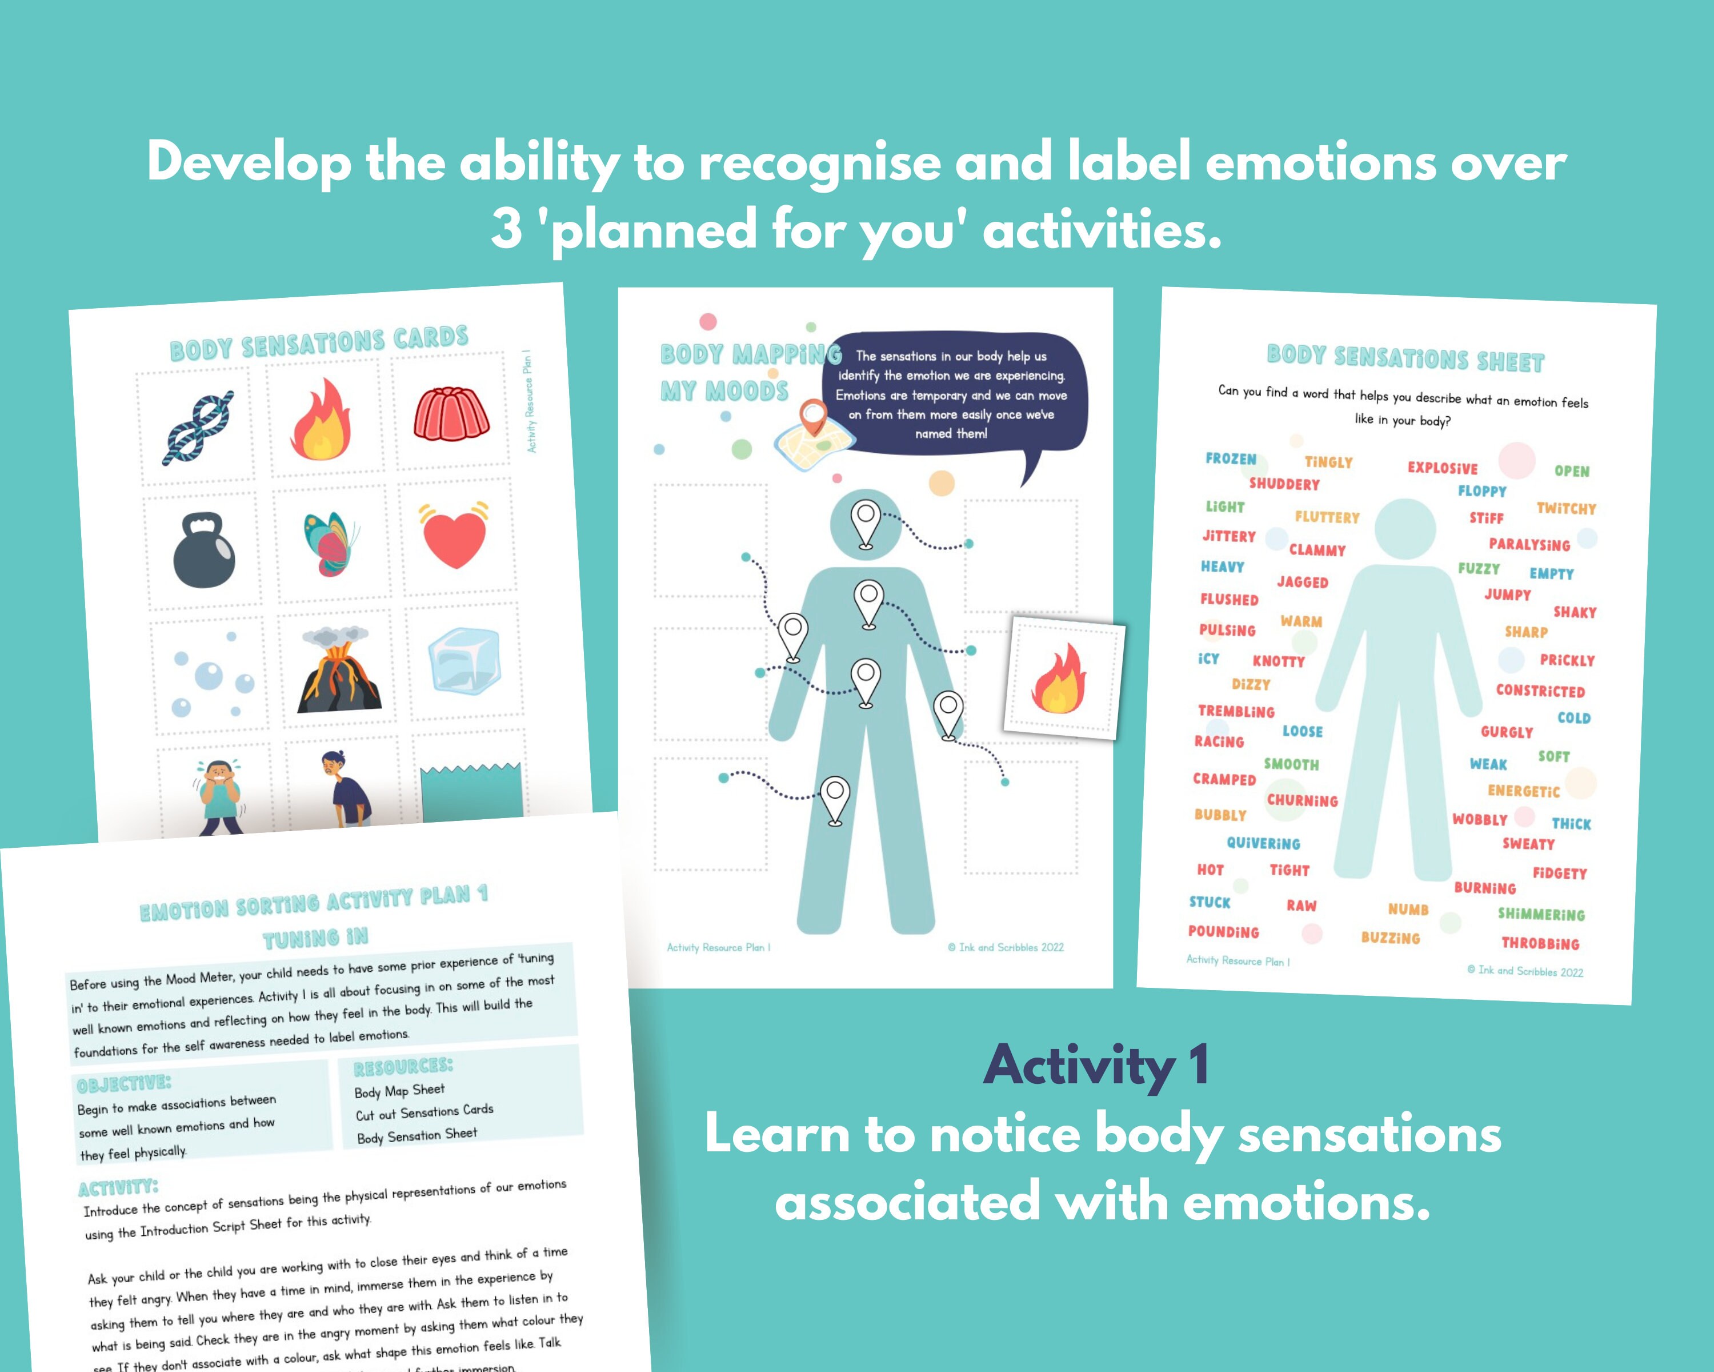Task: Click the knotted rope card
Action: [199, 427]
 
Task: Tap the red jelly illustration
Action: [450, 413]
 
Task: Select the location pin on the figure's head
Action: [866, 523]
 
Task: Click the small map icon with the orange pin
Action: [812, 438]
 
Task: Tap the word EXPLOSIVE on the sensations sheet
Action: [1442, 468]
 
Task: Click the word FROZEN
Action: [1231, 459]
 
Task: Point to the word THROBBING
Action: [1540, 943]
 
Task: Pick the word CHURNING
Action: [1302, 800]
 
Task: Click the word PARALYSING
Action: [1529, 544]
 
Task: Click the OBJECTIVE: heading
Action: [123, 1084]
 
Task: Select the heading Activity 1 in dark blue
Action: [1096, 1066]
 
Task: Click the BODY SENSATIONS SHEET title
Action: [1405, 358]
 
